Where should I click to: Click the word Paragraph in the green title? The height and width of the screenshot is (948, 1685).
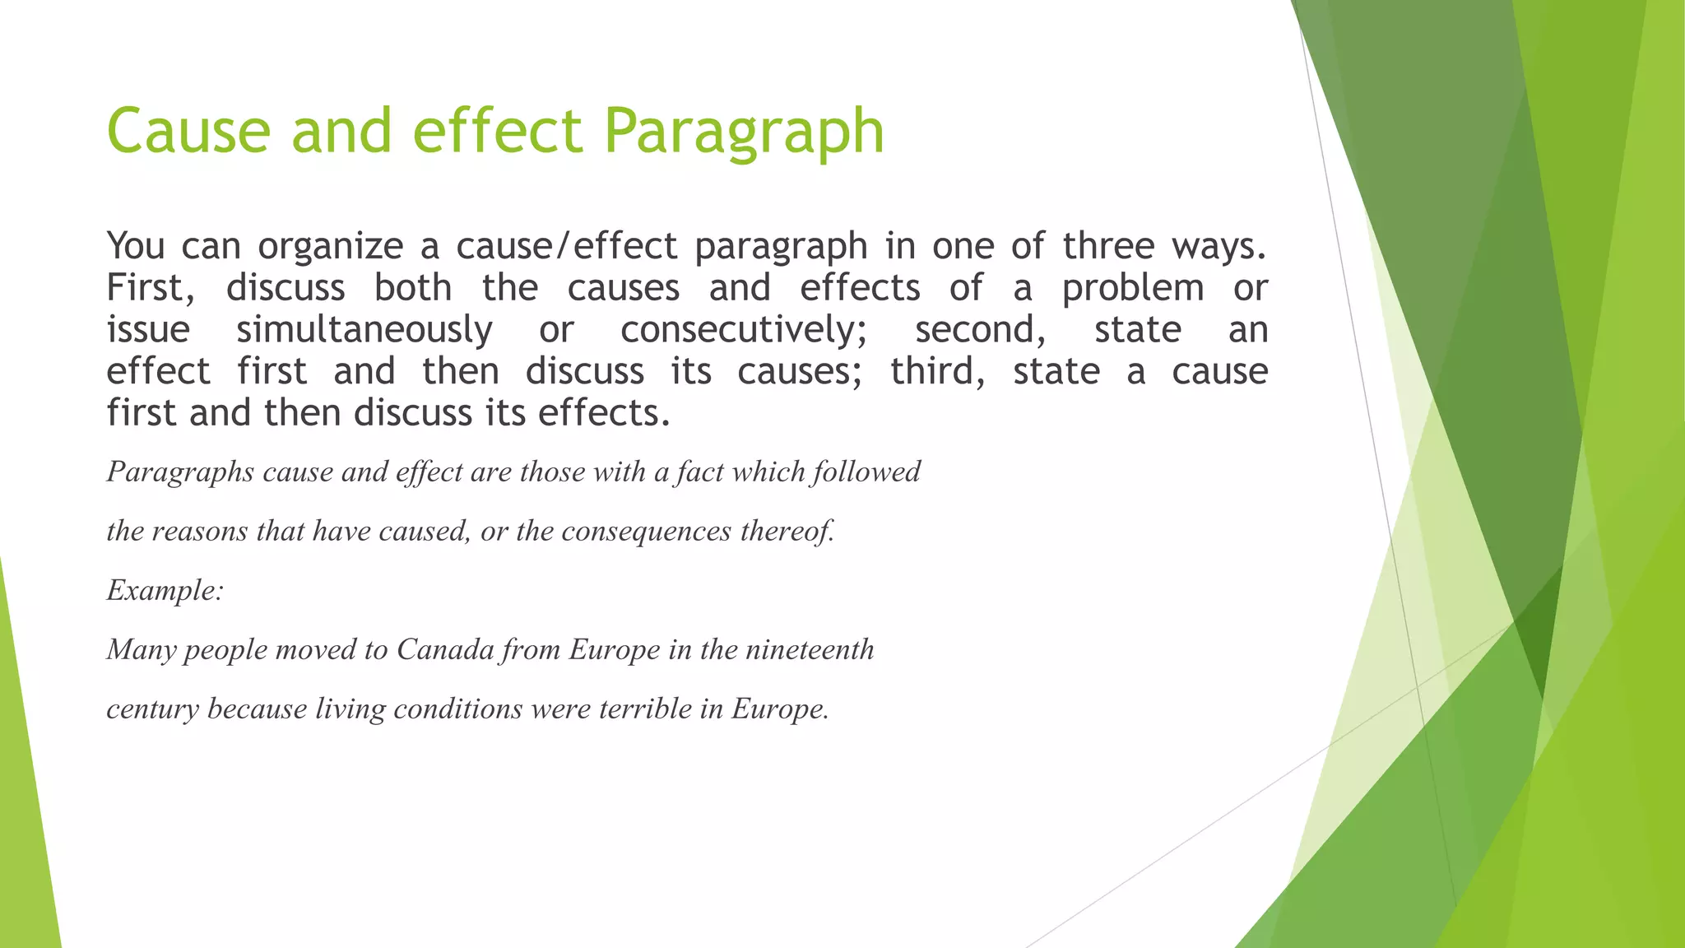tap(744, 132)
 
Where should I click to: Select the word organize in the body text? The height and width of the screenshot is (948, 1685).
tap(330, 246)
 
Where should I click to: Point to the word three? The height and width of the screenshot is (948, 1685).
tap(1107, 246)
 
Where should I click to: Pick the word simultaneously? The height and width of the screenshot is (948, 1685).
tap(364, 330)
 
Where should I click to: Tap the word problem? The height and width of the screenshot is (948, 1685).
tap(1133, 288)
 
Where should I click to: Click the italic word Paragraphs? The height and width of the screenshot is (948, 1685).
tap(180, 472)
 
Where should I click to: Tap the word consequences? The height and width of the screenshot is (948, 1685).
tap(646, 532)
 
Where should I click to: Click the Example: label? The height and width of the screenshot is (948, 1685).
tap(165, 591)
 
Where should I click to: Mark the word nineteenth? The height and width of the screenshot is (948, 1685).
tap(810, 650)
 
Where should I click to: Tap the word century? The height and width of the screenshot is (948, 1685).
tap(153, 709)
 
